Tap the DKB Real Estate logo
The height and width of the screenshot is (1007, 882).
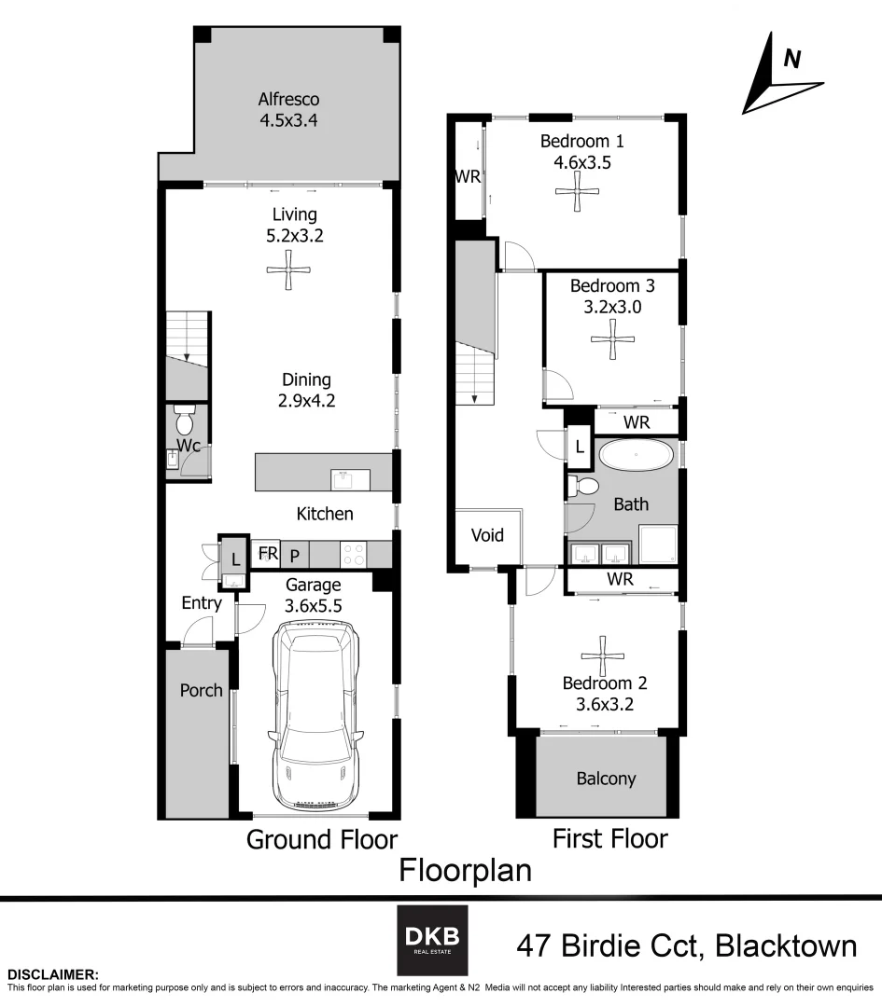(x=433, y=939)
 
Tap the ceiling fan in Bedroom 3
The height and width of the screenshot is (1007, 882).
(x=613, y=339)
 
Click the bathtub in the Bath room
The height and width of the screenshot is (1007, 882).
(x=634, y=457)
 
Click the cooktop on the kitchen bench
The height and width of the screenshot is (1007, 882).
(x=354, y=554)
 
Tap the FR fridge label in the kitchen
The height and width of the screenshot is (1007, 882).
(x=268, y=553)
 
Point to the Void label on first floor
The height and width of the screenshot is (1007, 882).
(x=487, y=535)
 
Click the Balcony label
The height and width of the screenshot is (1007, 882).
(x=606, y=779)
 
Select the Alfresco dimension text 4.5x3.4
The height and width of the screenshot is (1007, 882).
(x=288, y=120)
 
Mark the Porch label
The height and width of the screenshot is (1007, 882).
(x=201, y=690)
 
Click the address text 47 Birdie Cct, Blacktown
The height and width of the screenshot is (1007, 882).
(x=686, y=945)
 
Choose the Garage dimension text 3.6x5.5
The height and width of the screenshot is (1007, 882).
(x=314, y=604)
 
